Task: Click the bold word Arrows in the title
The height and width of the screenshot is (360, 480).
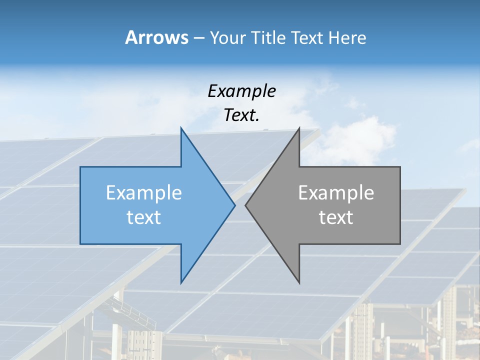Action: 157,37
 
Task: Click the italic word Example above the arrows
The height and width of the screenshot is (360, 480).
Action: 241,91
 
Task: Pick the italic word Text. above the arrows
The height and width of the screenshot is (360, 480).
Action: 241,115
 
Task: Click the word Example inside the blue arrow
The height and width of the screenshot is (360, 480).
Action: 144,193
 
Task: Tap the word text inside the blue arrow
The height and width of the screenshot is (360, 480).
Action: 144,217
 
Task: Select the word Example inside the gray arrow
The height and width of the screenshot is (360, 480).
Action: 336,193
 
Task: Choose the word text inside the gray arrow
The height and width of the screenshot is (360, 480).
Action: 336,217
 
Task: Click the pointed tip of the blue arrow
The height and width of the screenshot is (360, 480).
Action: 235,205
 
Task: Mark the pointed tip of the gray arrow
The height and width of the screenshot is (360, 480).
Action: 245,205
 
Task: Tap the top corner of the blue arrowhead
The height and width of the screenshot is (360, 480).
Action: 181,128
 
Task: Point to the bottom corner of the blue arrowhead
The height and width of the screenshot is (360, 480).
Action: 181,283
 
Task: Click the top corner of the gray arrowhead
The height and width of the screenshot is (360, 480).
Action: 299,128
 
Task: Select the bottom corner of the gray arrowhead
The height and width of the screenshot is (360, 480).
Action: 299,283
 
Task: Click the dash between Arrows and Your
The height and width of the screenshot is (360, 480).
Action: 198,38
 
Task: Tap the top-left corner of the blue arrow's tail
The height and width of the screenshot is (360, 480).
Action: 80,167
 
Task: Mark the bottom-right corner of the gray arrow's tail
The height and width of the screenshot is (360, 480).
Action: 400,244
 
